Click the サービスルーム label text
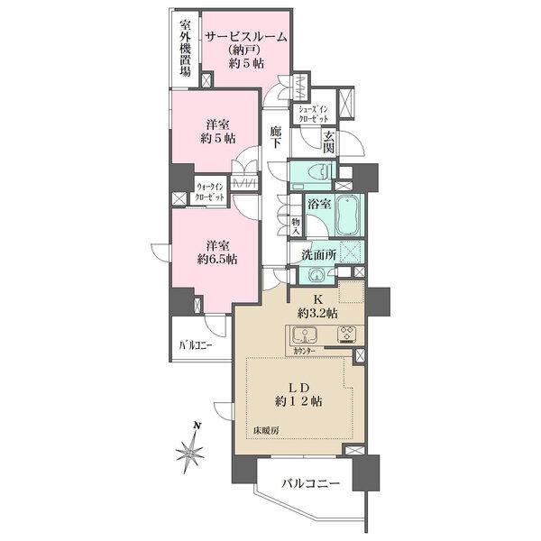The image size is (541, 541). (x=246, y=37)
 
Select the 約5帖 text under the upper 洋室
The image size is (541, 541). (x=216, y=141)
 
